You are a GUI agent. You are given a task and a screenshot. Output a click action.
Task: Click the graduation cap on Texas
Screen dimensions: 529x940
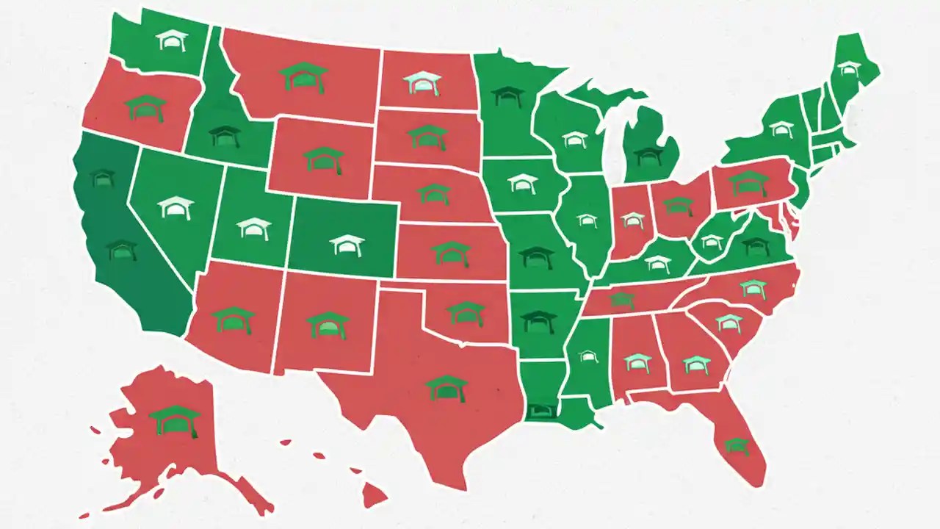(446, 387)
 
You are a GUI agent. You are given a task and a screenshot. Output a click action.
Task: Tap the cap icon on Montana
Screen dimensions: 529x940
(303, 76)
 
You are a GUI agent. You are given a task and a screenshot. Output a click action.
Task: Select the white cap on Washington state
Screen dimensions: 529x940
(172, 40)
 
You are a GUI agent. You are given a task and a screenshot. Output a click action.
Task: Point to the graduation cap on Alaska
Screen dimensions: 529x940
(175, 420)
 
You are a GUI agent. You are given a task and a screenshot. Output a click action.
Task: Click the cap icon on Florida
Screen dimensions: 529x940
(737, 445)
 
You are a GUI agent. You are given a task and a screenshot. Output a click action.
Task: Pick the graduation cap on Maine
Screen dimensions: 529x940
(849, 68)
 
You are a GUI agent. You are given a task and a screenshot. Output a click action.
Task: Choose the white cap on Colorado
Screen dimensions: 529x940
(347, 245)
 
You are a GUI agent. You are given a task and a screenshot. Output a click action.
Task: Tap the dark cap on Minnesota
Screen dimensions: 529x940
(507, 96)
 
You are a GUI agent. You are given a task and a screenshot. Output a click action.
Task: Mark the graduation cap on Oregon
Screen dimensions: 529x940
(145, 107)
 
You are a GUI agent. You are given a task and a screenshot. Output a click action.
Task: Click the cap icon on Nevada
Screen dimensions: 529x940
(176, 207)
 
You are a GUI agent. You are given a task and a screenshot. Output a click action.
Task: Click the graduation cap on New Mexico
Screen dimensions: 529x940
(328, 324)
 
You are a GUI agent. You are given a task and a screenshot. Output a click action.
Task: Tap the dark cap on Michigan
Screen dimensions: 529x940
(648, 154)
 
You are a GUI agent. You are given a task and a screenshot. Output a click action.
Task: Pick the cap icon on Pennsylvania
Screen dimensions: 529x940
(748, 181)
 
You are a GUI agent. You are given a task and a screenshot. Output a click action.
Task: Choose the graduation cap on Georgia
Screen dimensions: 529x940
(695, 363)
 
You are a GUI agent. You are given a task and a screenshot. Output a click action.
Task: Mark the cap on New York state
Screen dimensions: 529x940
(781, 129)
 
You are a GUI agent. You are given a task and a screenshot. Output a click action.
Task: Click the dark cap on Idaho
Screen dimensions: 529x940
(225, 135)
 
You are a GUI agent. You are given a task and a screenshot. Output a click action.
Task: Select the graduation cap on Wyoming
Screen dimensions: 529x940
(324, 159)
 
